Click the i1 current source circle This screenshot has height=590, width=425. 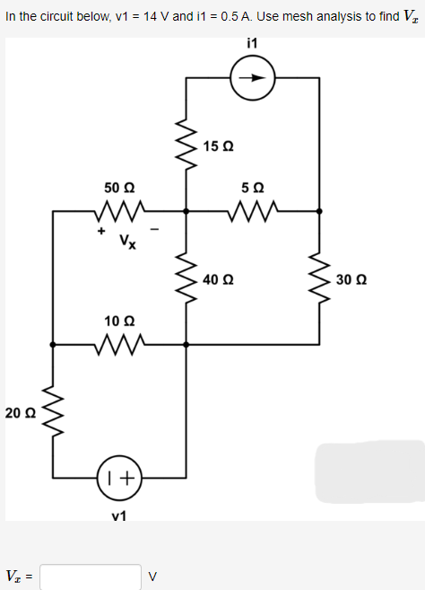(253, 78)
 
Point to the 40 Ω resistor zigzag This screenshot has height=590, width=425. (186, 277)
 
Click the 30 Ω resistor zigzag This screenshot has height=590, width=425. (319, 277)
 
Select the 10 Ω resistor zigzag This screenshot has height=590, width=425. (118, 344)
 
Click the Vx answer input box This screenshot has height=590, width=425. (90, 576)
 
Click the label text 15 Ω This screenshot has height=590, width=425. (218, 146)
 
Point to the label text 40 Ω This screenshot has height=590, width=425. (218, 278)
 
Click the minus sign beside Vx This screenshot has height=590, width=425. (155, 233)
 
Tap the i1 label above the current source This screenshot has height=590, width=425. (251, 43)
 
